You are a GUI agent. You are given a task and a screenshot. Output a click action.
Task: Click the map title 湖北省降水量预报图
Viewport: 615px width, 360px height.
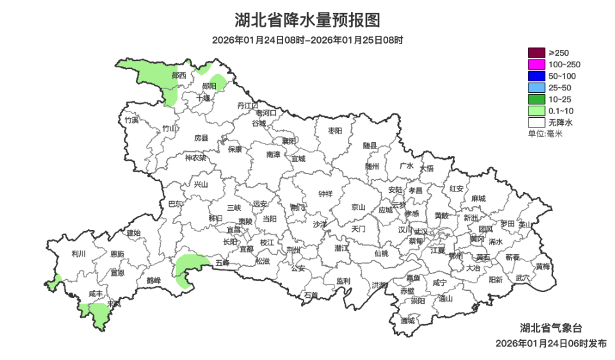pyautogui.click(x=307, y=20)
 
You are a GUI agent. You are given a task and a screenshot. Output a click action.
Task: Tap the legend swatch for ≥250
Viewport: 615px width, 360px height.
pyautogui.click(x=536, y=53)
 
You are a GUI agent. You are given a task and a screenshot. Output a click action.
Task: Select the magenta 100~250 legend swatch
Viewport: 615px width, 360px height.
pyautogui.click(x=536, y=64)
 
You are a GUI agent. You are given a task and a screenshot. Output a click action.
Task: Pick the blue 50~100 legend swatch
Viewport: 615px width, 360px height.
pyautogui.click(x=536, y=76)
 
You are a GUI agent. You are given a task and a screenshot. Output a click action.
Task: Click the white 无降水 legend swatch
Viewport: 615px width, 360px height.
pyautogui.click(x=536, y=122)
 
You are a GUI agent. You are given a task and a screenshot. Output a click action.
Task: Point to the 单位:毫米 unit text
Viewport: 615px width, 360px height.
pyautogui.click(x=545, y=133)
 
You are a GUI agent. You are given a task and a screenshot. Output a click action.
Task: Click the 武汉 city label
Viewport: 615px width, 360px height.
pyautogui.click(x=421, y=231)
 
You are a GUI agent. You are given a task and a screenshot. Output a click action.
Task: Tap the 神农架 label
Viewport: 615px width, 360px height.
pyautogui.click(x=195, y=158)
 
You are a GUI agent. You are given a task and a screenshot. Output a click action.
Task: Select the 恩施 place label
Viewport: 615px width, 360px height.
pyautogui.click(x=117, y=254)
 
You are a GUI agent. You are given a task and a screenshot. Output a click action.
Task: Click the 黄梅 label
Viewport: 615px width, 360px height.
pyautogui.click(x=543, y=266)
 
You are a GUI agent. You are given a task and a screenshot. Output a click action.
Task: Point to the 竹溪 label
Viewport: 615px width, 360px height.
pyautogui.click(x=131, y=120)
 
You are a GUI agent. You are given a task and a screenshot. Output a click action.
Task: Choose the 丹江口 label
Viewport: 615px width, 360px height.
pyautogui.click(x=247, y=105)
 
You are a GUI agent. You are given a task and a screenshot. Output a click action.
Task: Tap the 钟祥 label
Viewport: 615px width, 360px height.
pyautogui.click(x=325, y=194)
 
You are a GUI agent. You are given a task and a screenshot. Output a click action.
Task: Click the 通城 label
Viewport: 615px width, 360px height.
pyautogui.click(x=407, y=320)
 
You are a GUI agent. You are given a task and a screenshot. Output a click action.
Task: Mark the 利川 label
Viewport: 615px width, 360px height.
pyautogui.click(x=79, y=254)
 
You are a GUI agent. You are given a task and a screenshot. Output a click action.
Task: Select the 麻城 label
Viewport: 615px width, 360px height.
pyautogui.click(x=478, y=199)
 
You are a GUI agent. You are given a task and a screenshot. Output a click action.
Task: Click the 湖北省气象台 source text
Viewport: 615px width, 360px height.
pyautogui.click(x=551, y=328)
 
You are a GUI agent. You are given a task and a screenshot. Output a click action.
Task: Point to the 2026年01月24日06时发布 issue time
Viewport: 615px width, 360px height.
pyautogui.click(x=551, y=343)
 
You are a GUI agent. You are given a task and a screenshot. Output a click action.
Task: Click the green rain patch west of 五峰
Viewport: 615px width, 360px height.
pyautogui.click(x=190, y=269)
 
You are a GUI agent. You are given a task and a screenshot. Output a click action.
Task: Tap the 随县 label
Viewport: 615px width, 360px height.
pyautogui.click(x=370, y=146)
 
